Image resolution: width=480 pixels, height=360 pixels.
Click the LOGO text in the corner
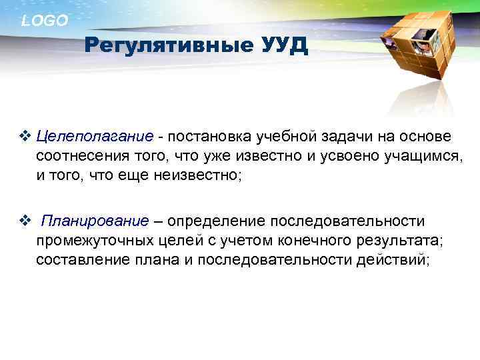[45, 21]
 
